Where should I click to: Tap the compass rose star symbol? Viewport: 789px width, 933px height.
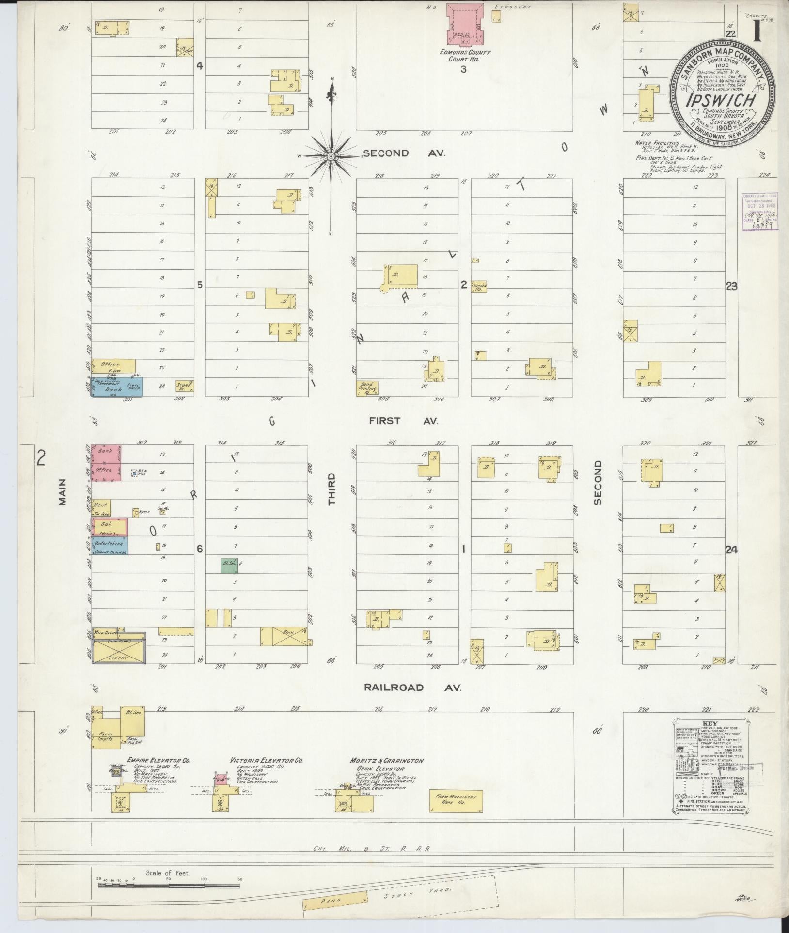[x=331, y=156]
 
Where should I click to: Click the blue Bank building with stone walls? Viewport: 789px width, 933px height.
[x=117, y=387]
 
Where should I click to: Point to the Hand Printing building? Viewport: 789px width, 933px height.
[x=367, y=388]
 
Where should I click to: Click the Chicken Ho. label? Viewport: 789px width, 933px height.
[x=478, y=286]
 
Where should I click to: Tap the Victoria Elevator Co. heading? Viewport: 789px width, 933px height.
[x=267, y=761]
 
